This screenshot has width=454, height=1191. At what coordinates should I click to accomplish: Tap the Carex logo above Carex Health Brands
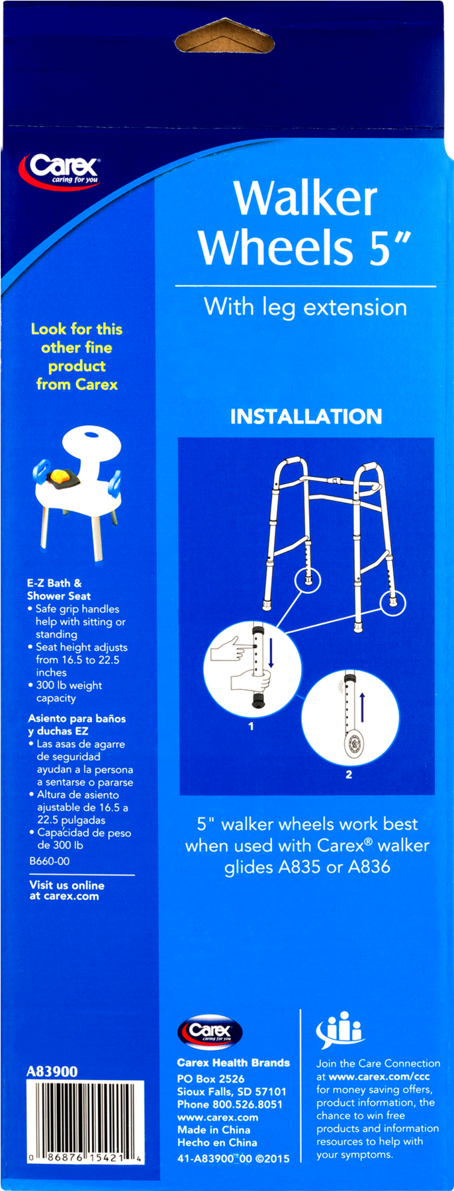tap(210, 1032)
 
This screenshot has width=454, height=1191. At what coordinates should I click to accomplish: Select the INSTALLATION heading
tap(306, 417)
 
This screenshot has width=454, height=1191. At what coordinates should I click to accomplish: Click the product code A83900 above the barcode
tap(52, 1071)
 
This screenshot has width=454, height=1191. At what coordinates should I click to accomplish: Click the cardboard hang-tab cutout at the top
tap(224, 36)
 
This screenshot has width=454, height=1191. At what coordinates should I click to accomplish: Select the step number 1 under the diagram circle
tap(251, 726)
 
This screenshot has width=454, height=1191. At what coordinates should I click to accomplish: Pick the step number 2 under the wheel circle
tap(349, 774)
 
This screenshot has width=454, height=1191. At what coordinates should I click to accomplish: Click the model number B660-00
tap(50, 861)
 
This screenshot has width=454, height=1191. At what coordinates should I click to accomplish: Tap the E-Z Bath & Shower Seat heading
tap(59, 589)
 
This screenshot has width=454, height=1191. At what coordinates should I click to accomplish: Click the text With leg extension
tap(305, 308)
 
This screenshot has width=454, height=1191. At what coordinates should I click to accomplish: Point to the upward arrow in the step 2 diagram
tap(362, 705)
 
